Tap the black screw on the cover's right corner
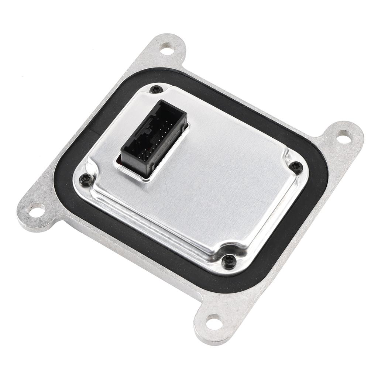pyautogui.click(x=296, y=167)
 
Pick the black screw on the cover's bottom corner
pyautogui.click(x=228, y=261)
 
